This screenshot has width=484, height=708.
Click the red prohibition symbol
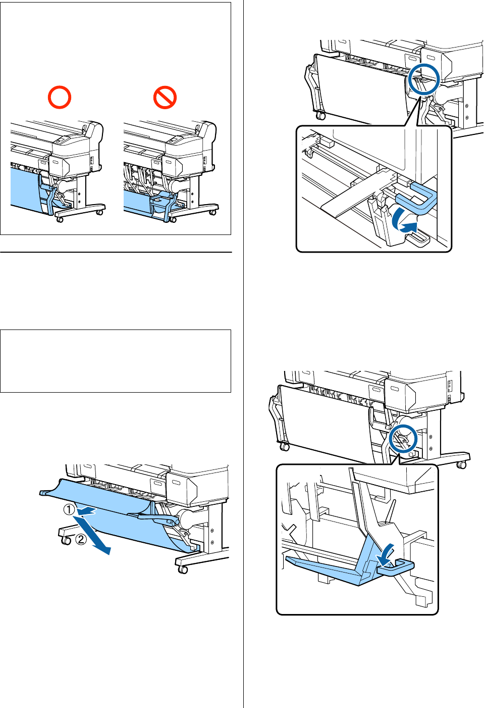click(165, 97)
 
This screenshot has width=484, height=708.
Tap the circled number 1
click(69, 509)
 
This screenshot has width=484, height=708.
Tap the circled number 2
click(81, 539)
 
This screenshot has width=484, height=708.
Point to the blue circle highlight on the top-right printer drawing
click(424, 79)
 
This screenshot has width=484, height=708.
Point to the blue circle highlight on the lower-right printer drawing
click(403, 439)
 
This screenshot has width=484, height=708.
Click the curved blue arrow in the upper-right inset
click(407, 223)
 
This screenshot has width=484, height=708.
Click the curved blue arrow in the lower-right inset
click(386, 554)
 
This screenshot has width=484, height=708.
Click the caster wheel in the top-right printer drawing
click(320, 116)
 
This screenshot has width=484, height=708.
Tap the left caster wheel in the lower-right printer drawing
click(285, 447)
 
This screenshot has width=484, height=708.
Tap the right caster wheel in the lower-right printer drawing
click(461, 464)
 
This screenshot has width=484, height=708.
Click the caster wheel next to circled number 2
click(66, 541)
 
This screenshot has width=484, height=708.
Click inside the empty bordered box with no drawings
click(115, 361)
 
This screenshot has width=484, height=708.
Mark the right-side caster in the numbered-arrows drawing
click(183, 570)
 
